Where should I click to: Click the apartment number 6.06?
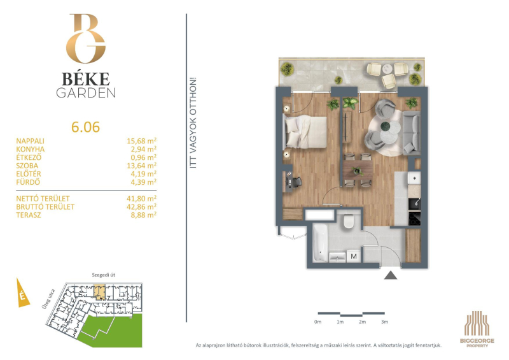[x=85, y=127]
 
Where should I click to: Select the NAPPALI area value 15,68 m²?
[x=141, y=141]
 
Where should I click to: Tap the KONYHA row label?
[x=31, y=149]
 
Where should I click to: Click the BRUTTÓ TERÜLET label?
[x=45, y=207]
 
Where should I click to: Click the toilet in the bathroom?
[x=349, y=221]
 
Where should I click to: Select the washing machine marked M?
[x=354, y=256]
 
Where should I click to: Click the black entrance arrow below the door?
[x=391, y=275]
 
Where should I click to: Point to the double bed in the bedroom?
[x=305, y=132]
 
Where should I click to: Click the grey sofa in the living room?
[x=411, y=133]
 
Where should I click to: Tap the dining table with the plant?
[x=358, y=169]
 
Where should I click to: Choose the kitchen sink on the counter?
[x=414, y=178]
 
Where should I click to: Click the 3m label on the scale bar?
[x=385, y=322]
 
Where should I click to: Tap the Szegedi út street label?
[x=104, y=275]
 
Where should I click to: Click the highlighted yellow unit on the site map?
[x=100, y=292]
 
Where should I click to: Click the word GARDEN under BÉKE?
[x=86, y=92]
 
